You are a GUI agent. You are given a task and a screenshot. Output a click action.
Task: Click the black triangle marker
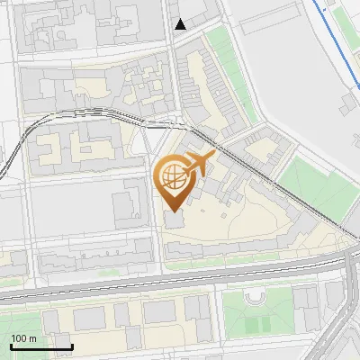click(x=181, y=24)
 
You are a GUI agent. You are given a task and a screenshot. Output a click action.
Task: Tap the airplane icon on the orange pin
click(x=199, y=163)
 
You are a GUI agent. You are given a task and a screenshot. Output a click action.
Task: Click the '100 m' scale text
click(x=24, y=338)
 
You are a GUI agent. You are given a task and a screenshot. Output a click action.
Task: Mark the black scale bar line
click(x=41, y=346)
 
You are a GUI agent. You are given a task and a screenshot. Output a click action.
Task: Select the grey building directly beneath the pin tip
click(x=174, y=221)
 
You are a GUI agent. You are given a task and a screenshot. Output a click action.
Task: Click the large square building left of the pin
click(x=128, y=202)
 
